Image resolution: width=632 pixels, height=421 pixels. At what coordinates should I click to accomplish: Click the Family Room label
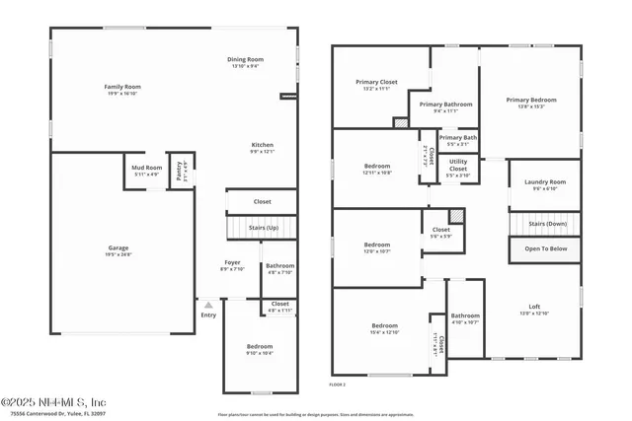pos(118,88)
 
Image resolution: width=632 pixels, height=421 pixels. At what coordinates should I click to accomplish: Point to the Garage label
pos(118,247)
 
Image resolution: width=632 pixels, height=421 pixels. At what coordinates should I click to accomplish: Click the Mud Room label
pos(146,169)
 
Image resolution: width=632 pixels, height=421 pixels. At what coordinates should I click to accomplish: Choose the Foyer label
pos(232,262)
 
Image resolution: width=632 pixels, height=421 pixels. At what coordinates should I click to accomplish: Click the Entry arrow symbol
pos(208,306)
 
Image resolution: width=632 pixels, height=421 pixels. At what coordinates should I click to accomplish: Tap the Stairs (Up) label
pos(262,228)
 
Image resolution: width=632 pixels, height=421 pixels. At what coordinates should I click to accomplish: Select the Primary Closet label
pos(375,82)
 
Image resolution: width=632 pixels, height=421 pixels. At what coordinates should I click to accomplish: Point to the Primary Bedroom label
pos(531,100)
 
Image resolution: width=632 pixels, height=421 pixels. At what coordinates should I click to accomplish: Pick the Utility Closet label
pos(458,165)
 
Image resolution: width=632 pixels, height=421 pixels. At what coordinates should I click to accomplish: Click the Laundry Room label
pos(544,181)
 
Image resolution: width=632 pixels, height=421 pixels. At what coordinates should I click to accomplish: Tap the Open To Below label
pos(546,248)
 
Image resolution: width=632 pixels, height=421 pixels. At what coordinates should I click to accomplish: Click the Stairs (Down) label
pos(546,223)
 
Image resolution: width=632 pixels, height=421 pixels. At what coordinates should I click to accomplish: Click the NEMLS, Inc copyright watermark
pos(54,402)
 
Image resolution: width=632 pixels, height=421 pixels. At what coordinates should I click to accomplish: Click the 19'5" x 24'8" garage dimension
pos(118,254)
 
